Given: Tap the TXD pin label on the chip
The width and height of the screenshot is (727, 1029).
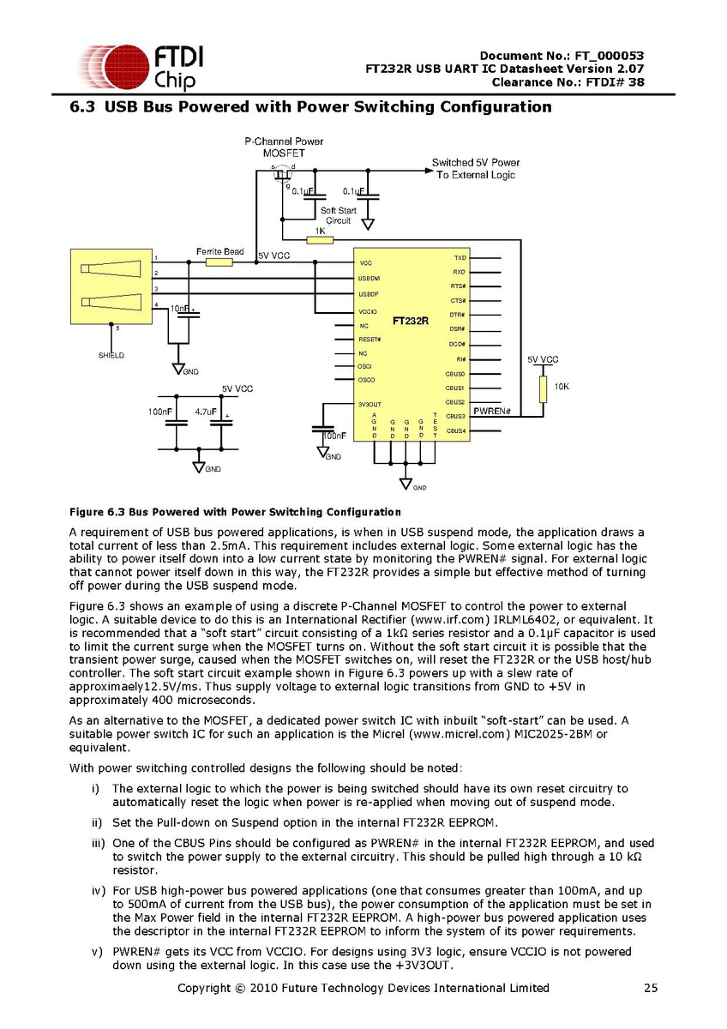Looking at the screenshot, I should pyautogui.click(x=460, y=257).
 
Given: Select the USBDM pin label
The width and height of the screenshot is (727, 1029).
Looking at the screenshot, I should pyautogui.click(x=370, y=279).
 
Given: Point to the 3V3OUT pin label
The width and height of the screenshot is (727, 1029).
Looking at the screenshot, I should pyautogui.click(x=370, y=404).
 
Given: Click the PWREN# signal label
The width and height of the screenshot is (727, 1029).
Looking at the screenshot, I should pyautogui.click(x=492, y=412).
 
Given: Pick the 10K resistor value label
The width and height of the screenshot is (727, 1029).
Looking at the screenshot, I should pyautogui.click(x=562, y=388).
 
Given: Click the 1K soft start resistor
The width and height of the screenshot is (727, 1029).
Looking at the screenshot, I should pyautogui.click(x=320, y=240).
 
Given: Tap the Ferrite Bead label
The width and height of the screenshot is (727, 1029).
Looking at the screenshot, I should pyautogui.click(x=219, y=251).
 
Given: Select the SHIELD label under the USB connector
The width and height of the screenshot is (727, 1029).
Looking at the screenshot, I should pyautogui.click(x=111, y=355).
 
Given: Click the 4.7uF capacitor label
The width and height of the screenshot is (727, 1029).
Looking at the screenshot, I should pyautogui.click(x=206, y=412).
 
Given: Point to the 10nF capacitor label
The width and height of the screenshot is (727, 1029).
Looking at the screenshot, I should pyautogui.click(x=179, y=308).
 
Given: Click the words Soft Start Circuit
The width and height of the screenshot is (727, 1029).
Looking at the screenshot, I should pyautogui.click(x=339, y=215).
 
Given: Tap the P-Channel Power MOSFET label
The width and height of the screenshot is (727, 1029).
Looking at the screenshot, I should pyautogui.click(x=284, y=147).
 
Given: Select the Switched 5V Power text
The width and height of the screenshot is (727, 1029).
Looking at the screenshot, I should pyautogui.click(x=475, y=162).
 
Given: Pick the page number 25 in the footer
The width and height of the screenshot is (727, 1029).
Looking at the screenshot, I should pyautogui.click(x=651, y=988).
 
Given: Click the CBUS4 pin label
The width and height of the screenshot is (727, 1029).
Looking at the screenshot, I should pyautogui.click(x=454, y=430).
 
